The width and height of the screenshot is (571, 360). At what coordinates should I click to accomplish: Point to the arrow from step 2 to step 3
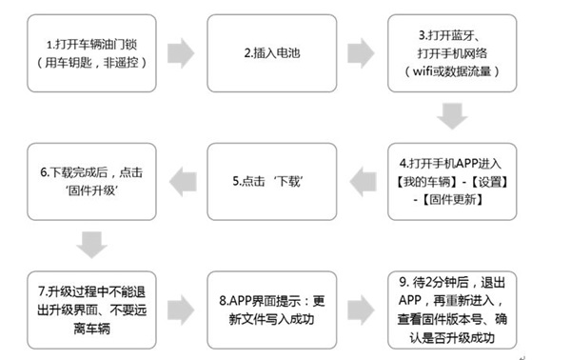pyautogui.click(x=361, y=51)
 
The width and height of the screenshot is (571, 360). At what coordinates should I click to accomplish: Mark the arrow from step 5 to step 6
pyautogui.click(x=182, y=178)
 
